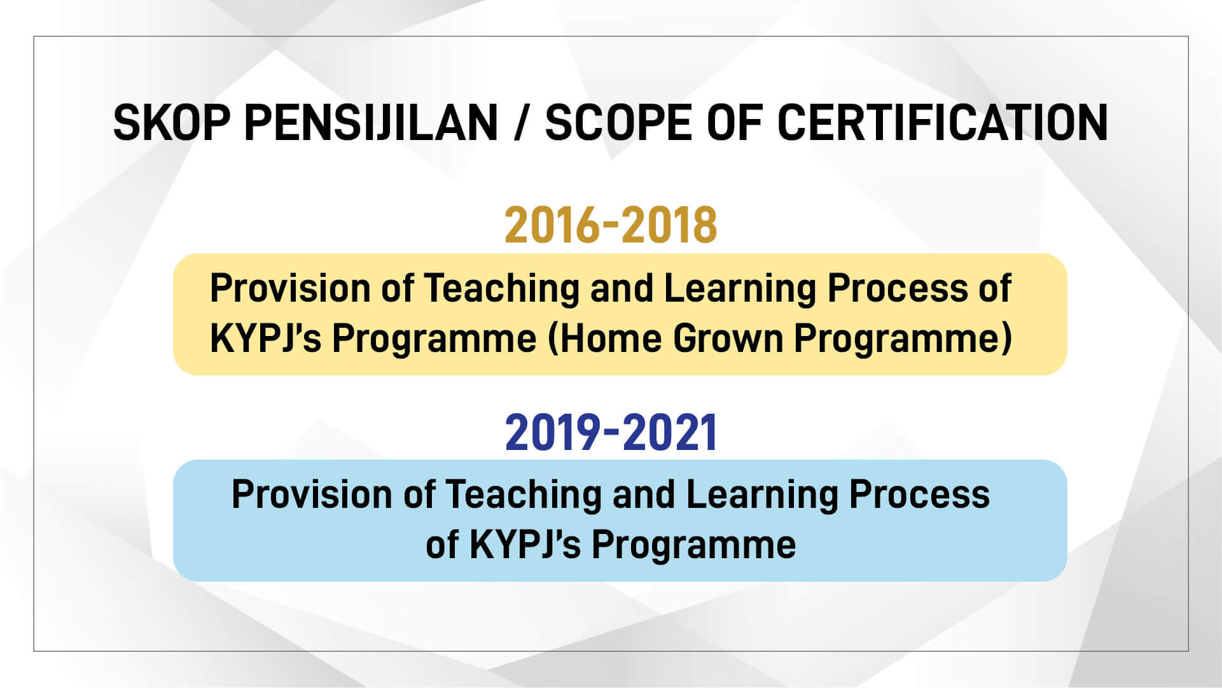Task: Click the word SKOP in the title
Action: [x=172, y=122]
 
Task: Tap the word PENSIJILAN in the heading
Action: [x=371, y=122]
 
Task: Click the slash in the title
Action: [x=521, y=122]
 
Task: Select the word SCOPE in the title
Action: [x=618, y=122]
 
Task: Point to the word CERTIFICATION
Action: [x=943, y=122]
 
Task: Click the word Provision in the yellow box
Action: [x=290, y=288]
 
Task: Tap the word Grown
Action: [x=728, y=338]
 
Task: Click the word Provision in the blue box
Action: [x=312, y=495]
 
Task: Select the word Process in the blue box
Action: [x=920, y=495]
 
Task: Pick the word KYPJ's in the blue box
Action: [x=525, y=545]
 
